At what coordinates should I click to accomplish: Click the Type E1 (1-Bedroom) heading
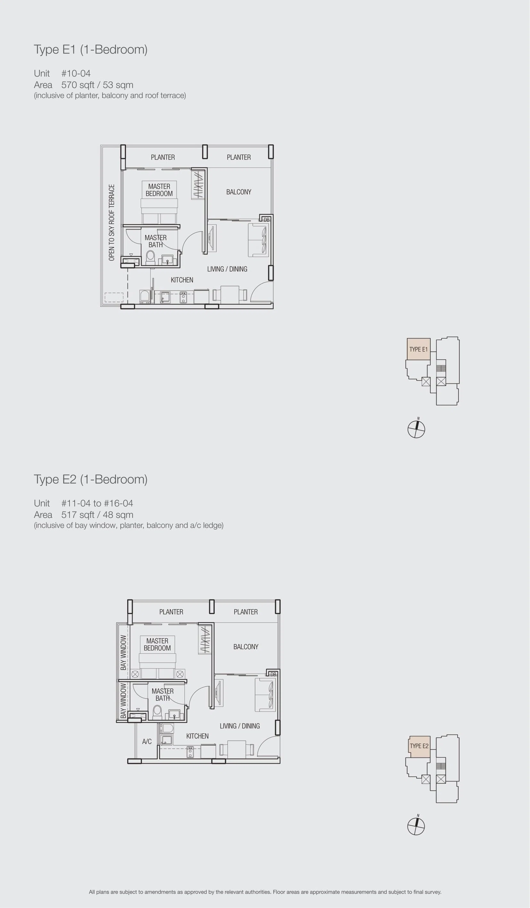pos(90,49)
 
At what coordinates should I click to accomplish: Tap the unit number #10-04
pos(76,74)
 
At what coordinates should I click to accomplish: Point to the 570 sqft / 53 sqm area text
pos(97,85)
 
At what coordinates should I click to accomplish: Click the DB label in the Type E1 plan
pos(267,220)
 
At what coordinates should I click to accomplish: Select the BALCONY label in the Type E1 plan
pos(239,192)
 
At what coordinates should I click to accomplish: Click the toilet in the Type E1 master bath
pos(150,258)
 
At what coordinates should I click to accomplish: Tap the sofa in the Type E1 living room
pos(258,240)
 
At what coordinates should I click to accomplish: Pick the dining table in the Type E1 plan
pos(230,295)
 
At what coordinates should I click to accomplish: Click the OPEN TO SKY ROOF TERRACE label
pos(112,222)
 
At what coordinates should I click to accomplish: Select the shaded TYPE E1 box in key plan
pos(418,349)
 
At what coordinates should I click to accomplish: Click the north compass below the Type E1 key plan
pos(417,429)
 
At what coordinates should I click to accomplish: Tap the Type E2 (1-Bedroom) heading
pos(90,479)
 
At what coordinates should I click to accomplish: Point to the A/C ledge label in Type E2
pos(147,741)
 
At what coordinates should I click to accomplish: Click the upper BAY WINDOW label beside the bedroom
pos(124,652)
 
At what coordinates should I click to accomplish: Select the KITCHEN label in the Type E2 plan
pos(197,736)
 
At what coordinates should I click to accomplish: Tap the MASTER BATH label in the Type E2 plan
pos(162,695)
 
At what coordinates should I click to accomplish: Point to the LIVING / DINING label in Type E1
pos(227,269)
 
